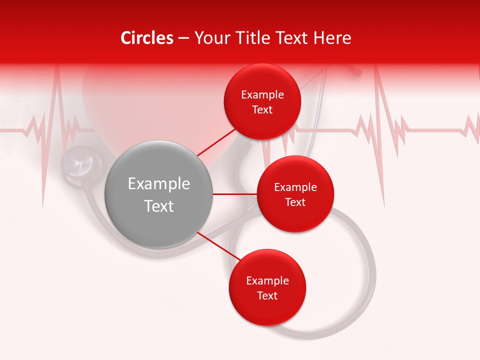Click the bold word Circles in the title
[147, 38]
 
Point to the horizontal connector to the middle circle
[234, 194]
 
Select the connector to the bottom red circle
[218, 246]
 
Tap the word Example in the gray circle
[159, 184]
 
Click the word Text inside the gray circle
[159, 206]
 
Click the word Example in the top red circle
[262, 95]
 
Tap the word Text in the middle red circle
[295, 202]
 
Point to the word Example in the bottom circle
[267, 281]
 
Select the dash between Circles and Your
[183, 38]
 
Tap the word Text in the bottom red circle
[267, 296]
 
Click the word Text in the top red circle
[262, 110]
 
